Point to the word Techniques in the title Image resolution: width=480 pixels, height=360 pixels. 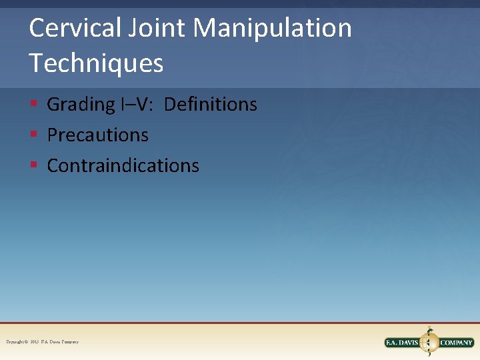coord(96,63)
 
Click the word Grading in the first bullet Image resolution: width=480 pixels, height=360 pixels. coord(81,105)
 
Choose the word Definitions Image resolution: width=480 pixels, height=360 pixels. coord(210,104)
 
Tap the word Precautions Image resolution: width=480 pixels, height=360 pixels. coord(97,135)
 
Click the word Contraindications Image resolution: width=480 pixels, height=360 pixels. coord(123,165)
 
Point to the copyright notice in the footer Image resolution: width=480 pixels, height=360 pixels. coord(42,342)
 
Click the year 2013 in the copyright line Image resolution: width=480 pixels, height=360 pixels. coord(35,342)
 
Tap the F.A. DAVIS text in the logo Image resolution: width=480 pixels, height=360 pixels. coord(402,343)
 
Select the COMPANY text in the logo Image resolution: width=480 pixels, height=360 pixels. coord(456,343)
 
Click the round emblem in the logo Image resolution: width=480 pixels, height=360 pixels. coord(429,342)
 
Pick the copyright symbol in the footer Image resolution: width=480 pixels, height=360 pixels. coord(26,342)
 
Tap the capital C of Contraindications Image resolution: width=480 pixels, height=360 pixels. coord(52,165)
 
